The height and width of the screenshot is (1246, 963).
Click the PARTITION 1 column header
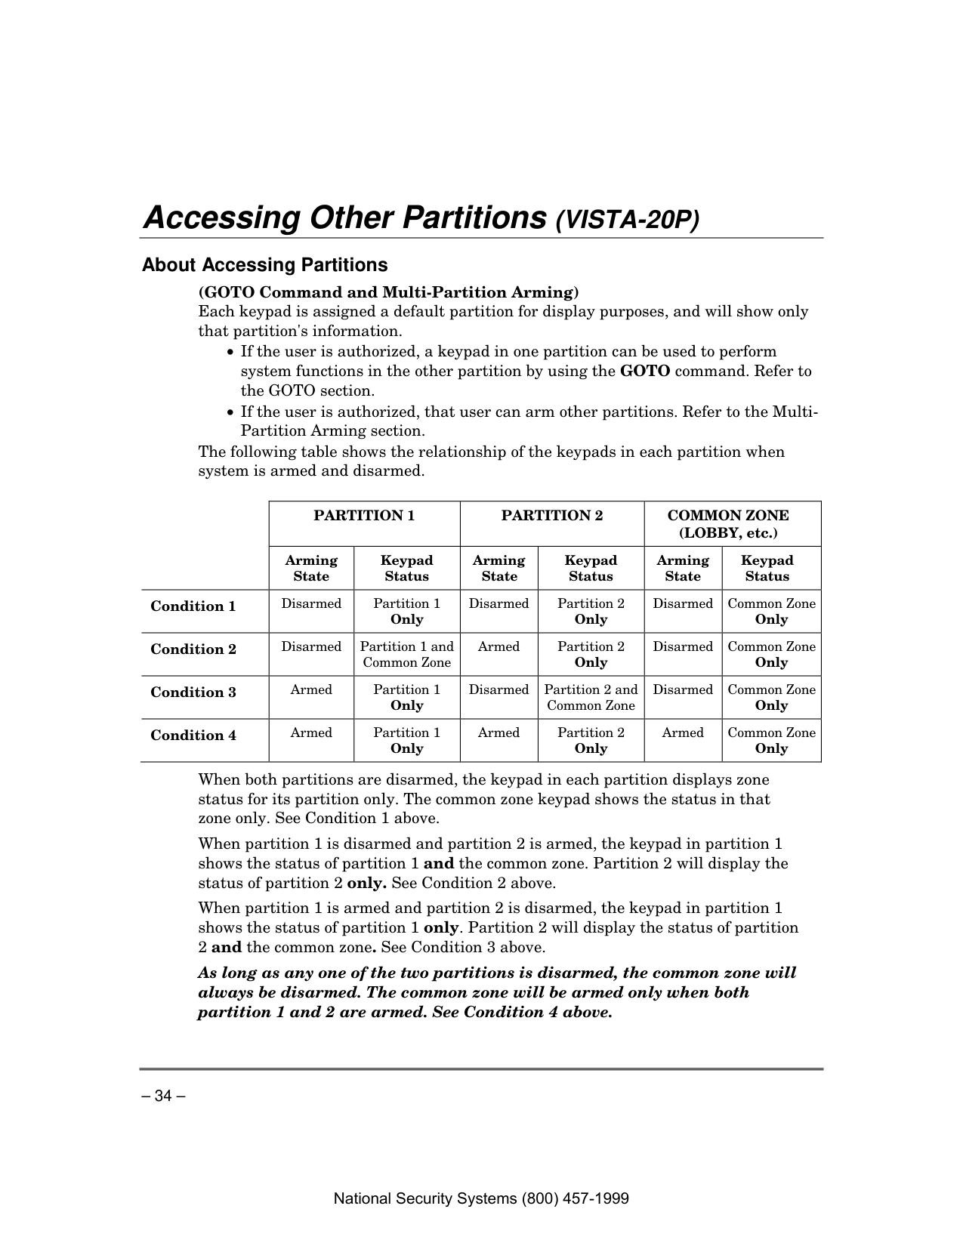(364, 516)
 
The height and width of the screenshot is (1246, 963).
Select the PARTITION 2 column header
(552, 516)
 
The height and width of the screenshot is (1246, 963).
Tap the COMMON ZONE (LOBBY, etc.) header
(728, 524)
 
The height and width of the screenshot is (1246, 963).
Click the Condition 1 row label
(193, 606)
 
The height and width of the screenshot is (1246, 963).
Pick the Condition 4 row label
(193, 736)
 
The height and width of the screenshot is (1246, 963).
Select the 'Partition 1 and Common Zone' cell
(406, 655)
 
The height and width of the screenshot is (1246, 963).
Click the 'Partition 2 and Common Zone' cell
(591, 698)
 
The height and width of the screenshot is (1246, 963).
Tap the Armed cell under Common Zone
(683, 732)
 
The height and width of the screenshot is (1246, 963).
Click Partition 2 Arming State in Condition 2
(499, 646)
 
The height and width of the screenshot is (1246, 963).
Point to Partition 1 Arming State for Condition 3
(311, 689)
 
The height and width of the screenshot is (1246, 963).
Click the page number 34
(164, 1096)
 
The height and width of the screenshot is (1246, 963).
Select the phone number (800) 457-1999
(579, 1198)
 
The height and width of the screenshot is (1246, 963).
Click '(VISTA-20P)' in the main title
(628, 221)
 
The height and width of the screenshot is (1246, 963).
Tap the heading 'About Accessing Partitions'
(264, 265)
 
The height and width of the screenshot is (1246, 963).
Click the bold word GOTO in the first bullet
(645, 372)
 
